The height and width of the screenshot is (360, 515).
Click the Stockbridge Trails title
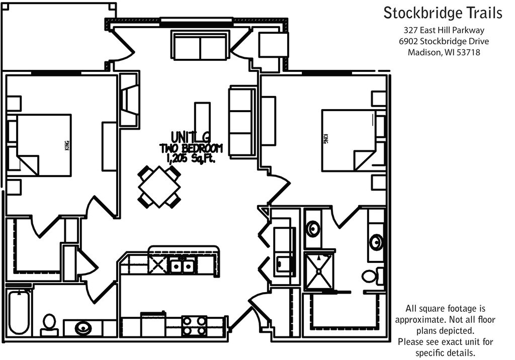coord(443,13)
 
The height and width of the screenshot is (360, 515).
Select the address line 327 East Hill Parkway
coord(443,30)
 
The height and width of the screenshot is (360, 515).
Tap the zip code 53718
coord(468,52)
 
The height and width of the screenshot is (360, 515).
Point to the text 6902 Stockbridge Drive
coord(443,41)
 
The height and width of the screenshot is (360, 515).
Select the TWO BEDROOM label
coord(191,148)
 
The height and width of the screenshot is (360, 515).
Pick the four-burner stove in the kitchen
coord(194,325)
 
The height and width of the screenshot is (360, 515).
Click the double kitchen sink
coord(182,265)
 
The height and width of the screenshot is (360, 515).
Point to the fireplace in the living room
coord(130,101)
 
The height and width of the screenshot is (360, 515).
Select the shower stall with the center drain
coord(319,271)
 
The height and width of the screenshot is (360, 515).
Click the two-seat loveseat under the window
coord(201,46)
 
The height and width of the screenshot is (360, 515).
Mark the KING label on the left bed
coord(66,145)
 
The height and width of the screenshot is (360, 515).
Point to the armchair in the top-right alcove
coord(273,46)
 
